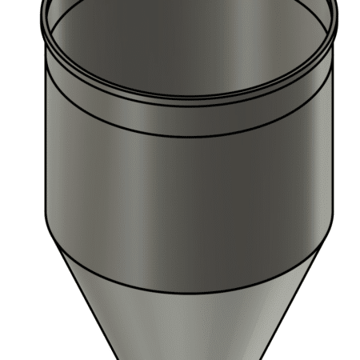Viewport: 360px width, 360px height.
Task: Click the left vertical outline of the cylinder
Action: click(45, 144)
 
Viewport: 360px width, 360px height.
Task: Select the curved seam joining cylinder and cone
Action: click(188, 290)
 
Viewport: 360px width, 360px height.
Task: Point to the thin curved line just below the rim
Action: click(188, 134)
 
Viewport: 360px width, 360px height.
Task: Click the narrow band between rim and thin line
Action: click(188, 117)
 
